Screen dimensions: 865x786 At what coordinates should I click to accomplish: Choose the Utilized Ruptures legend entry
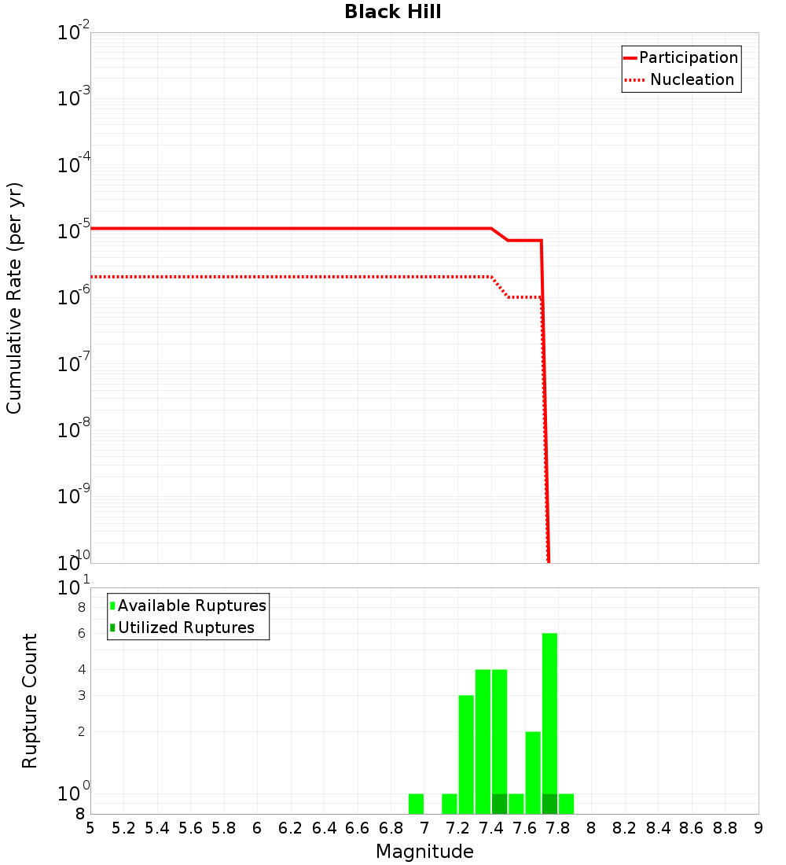pyautogui.click(x=185, y=628)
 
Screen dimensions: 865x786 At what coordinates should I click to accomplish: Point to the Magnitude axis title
pyautogui.click(x=424, y=852)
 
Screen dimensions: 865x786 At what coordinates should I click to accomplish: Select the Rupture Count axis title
pyautogui.click(x=30, y=700)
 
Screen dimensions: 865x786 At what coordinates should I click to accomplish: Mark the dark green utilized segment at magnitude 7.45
pyautogui.click(x=499, y=804)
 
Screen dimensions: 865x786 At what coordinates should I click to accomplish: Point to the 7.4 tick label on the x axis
pyautogui.click(x=491, y=828)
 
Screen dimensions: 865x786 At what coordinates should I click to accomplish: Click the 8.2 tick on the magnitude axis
pyautogui.click(x=625, y=828)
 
